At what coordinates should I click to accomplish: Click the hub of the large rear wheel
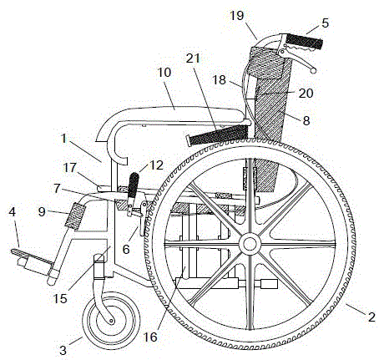point(250,244)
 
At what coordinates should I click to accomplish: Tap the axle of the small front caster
point(112,321)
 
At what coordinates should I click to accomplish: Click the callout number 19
point(237,16)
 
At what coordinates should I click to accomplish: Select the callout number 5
point(325,23)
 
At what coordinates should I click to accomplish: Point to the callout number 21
point(193,58)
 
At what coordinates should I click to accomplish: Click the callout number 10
point(164,73)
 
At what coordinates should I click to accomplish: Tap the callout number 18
point(219,80)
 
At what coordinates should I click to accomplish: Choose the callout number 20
point(306,93)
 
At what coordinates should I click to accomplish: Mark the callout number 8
point(306,120)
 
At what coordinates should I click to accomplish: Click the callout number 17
point(69,168)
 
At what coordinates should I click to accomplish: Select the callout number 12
point(156,165)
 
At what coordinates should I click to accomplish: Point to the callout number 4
point(12,212)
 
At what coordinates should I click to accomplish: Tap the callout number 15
point(60,298)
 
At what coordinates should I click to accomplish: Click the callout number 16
point(150,337)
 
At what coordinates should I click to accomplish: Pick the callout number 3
point(63,350)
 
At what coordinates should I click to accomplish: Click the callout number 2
point(371,317)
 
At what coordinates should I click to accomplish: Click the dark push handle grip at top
point(305,42)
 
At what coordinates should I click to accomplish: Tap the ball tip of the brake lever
point(313,71)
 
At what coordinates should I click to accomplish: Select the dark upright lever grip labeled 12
point(134,185)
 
